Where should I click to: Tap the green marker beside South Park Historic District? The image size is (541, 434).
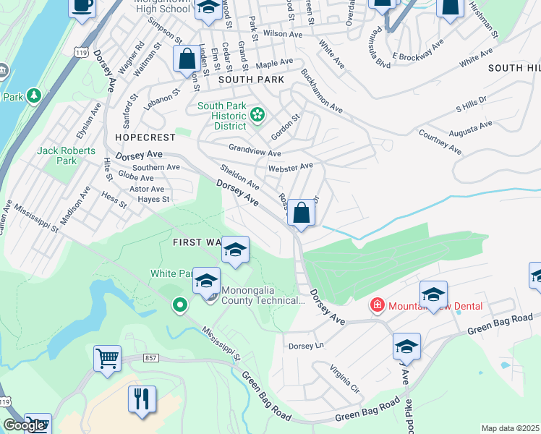click(x=256, y=114)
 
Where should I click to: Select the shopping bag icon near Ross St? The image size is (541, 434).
click(x=302, y=213)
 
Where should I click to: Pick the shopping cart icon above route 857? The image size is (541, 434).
click(x=107, y=358)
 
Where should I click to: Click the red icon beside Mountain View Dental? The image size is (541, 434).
click(x=377, y=305)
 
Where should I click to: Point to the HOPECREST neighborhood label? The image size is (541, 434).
click(x=145, y=137)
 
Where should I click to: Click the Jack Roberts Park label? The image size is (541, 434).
click(x=57, y=156)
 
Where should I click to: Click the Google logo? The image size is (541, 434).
click(x=24, y=425)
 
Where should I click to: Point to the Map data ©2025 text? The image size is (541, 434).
click(x=510, y=428)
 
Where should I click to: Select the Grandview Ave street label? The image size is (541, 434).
click(x=255, y=153)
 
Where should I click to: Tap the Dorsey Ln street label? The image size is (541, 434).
click(x=307, y=346)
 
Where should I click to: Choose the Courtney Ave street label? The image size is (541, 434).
click(x=440, y=142)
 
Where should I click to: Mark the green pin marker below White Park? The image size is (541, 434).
click(x=179, y=306)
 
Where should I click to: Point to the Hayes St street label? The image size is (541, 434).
click(x=153, y=199)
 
